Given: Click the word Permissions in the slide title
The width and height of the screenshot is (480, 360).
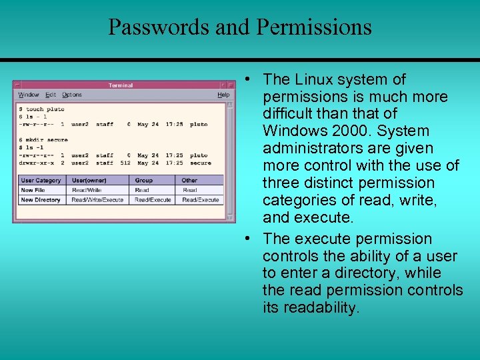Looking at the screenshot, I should point(313,27).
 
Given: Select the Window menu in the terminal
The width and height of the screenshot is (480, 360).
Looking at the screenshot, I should point(29,95).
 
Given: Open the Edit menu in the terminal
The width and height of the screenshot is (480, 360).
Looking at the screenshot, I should point(51,95).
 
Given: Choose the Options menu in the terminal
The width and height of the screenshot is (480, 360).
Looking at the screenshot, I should point(71,95).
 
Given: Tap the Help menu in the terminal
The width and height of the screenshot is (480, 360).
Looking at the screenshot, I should point(223,95).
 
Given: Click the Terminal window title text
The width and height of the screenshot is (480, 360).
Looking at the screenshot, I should point(121,85).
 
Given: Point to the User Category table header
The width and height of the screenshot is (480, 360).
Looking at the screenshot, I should point(41,180).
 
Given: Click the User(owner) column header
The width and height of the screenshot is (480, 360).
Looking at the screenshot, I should point(89,180).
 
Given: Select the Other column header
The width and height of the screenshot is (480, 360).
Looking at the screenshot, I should point(189,180).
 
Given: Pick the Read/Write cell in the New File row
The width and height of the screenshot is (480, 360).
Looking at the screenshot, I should point(87,190).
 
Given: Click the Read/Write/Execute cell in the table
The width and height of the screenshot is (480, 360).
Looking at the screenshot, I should point(97,200).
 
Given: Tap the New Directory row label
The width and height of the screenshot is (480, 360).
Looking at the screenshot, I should point(41,200).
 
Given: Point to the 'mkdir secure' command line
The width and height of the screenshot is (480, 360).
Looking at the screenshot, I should point(45,140).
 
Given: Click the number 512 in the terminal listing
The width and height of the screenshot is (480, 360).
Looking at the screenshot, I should point(125,163).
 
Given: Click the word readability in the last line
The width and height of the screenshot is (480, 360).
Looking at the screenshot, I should point(321,307).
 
